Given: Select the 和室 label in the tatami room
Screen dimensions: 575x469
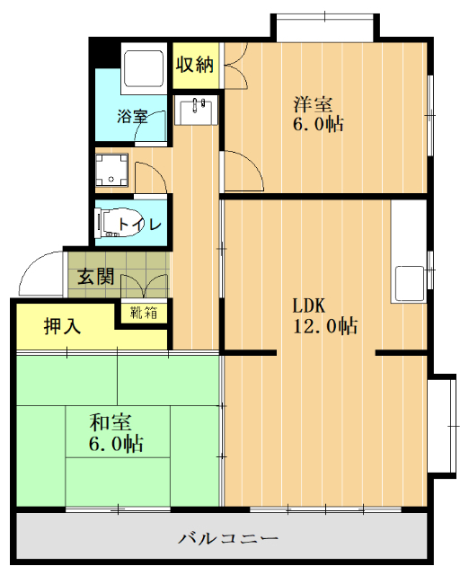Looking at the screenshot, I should (110, 420).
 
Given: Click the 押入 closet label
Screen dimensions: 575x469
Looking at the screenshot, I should (62, 326).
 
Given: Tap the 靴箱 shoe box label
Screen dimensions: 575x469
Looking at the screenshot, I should (145, 313).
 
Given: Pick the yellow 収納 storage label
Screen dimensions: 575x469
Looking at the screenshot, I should (194, 64).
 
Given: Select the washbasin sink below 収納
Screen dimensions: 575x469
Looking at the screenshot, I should (198, 111).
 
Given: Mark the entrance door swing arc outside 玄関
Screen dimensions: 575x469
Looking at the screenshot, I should (40, 271).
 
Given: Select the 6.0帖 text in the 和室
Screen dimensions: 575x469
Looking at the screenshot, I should (115, 443).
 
